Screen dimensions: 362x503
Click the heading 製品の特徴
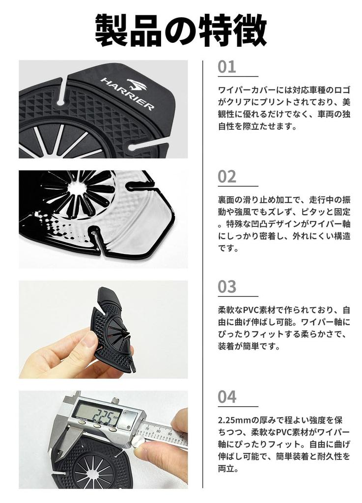tap(181, 30)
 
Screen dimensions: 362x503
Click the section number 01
tap(227, 67)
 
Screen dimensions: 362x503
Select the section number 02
tap(227, 177)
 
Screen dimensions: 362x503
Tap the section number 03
tap(227, 287)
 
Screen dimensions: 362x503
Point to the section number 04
tap(227, 397)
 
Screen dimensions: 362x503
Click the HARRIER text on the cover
tap(127, 94)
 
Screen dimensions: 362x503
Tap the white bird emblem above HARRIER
tap(137, 84)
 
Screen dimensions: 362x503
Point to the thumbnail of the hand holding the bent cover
tap(103, 330)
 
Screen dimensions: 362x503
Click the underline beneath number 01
tap(238, 77)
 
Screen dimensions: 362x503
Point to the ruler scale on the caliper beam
tap(164, 434)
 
